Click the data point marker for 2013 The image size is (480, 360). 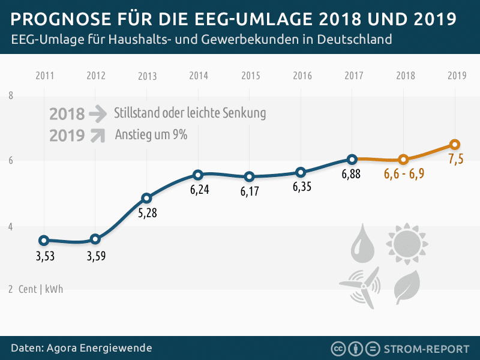tap(146, 198)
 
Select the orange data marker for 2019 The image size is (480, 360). tap(455, 144)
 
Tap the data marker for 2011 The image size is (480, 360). tap(44, 241)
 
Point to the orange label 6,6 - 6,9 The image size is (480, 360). tap(404, 175)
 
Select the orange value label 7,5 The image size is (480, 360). tap(455, 160)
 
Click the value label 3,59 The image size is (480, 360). tap(95, 256)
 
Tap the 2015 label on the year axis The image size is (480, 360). tap(250, 76)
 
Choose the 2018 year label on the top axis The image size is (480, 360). tap(405, 76)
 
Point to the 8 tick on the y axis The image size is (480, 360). tap(11, 96)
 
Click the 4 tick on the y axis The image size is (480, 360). tap(11, 227)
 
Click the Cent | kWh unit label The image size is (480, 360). tap(40, 289)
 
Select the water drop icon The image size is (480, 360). tap(362, 245)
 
